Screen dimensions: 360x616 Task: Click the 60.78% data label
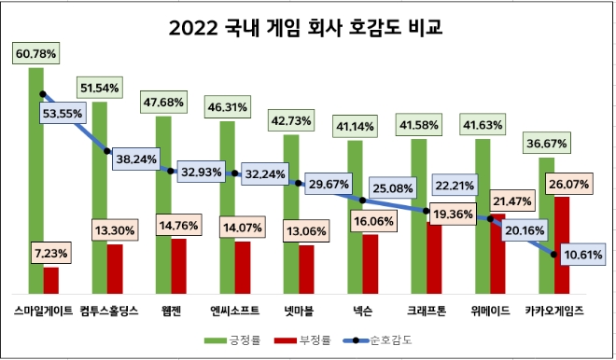tap(35, 54)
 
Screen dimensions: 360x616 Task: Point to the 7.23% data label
tap(51, 253)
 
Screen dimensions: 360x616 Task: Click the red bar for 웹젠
tap(178, 266)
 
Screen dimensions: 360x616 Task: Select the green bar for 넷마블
tap(290, 215)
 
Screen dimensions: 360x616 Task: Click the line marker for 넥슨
tap(361, 200)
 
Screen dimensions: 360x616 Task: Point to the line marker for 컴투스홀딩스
tap(107, 151)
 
